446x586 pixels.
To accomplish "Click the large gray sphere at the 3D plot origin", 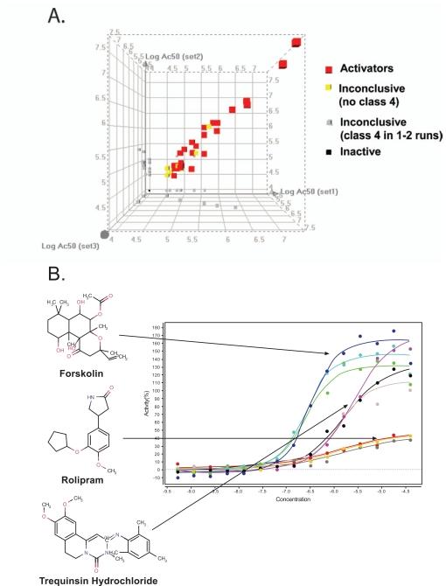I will (106, 234).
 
